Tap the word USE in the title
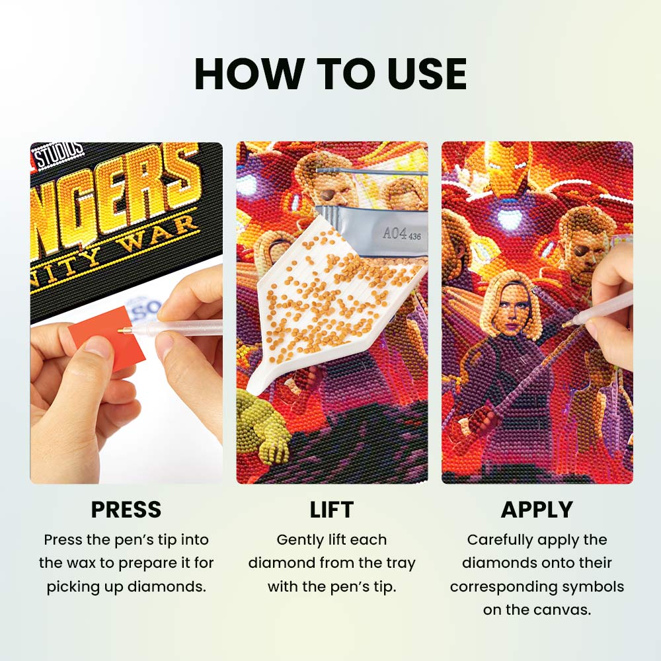pyautogui.click(x=426, y=74)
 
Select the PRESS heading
pyautogui.click(x=126, y=509)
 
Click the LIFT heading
pyautogui.click(x=331, y=509)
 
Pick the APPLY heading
pyautogui.click(x=537, y=509)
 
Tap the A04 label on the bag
pyautogui.click(x=395, y=233)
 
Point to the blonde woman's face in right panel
pyautogui.click(x=510, y=311)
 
